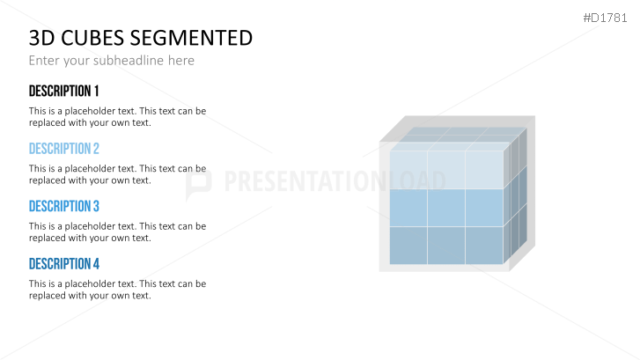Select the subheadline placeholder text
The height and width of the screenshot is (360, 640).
(x=111, y=61)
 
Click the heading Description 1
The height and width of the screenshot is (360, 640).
(x=63, y=92)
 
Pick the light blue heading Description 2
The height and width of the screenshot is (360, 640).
(x=63, y=149)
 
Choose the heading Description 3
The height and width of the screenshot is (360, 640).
(x=63, y=207)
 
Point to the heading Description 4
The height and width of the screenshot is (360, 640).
(x=63, y=264)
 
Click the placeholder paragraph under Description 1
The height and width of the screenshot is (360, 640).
(x=117, y=117)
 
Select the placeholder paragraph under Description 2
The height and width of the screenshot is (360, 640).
(x=117, y=174)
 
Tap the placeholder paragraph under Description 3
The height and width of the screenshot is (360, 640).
(x=117, y=231)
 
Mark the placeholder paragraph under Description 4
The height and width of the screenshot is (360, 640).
(x=117, y=290)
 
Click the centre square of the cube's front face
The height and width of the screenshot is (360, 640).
(x=446, y=208)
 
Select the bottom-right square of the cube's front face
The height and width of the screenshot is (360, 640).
(x=485, y=246)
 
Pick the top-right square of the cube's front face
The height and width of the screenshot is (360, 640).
(x=485, y=169)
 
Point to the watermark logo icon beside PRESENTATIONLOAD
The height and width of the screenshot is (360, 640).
(x=199, y=181)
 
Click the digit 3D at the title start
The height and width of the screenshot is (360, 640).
(x=40, y=38)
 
